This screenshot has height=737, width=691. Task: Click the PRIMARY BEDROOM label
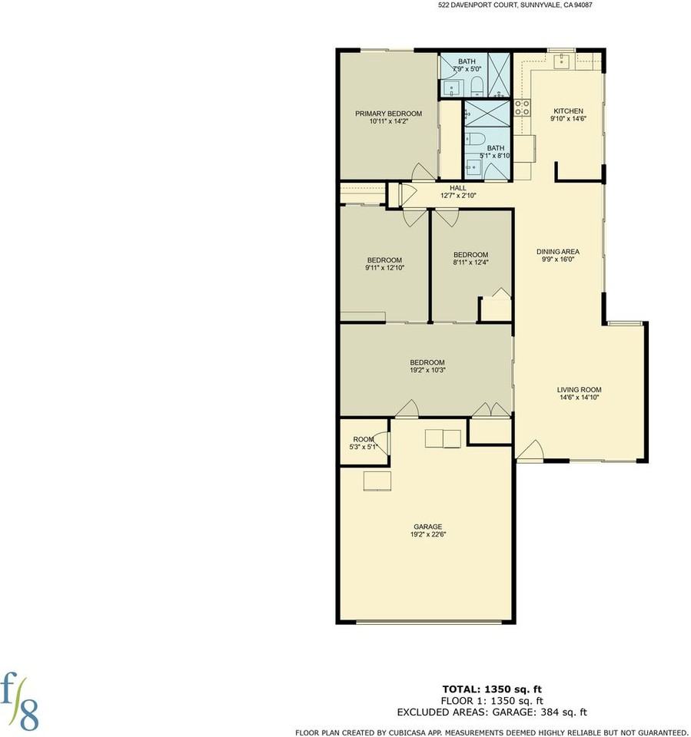pyautogui.click(x=388, y=114)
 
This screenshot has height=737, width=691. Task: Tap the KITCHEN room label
pyautogui.click(x=568, y=111)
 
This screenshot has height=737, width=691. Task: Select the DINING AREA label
pyautogui.click(x=558, y=251)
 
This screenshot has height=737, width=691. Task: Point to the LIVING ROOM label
pyautogui.click(x=579, y=389)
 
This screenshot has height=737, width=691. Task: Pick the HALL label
pyautogui.click(x=458, y=187)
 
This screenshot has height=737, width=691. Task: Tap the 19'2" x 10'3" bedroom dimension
pyautogui.click(x=427, y=370)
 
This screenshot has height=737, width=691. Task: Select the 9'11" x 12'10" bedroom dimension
pyautogui.click(x=384, y=268)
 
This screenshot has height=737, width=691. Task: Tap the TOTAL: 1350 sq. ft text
pyautogui.click(x=497, y=689)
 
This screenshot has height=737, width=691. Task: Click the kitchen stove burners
pyautogui.click(x=522, y=108)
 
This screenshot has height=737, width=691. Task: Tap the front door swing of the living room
pyautogui.click(x=530, y=451)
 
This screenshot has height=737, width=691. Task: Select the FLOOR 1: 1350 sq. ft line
pyautogui.click(x=497, y=700)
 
